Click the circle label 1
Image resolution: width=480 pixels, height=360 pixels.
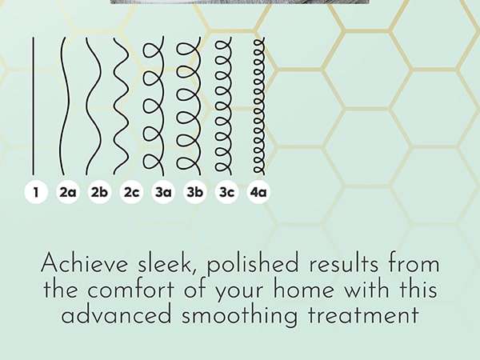pyautogui.click(x=36, y=192)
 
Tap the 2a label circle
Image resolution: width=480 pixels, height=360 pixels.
pyautogui.click(x=68, y=192)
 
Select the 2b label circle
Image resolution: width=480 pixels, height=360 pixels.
pyautogui.click(x=100, y=192)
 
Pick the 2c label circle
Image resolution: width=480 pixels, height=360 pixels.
pyautogui.click(x=132, y=192)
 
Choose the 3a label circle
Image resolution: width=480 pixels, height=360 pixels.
pyautogui.click(x=163, y=192)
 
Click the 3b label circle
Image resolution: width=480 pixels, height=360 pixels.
pyautogui.click(x=195, y=192)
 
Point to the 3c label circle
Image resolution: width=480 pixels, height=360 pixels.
pyautogui.click(x=227, y=192)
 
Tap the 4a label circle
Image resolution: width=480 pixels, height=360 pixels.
pyautogui.click(x=258, y=192)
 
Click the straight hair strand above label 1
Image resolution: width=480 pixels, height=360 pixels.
pyautogui.click(x=34, y=106)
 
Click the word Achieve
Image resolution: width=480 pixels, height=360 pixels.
pyautogui.click(x=84, y=263)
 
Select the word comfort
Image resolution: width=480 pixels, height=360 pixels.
pyautogui.click(x=130, y=290)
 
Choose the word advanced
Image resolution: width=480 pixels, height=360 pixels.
pyautogui.click(x=117, y=315)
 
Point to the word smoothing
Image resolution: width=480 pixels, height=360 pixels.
pyautogui.click(x=239, y=317)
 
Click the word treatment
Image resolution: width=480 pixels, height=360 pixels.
pyautogui.click(x=363, y=316)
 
